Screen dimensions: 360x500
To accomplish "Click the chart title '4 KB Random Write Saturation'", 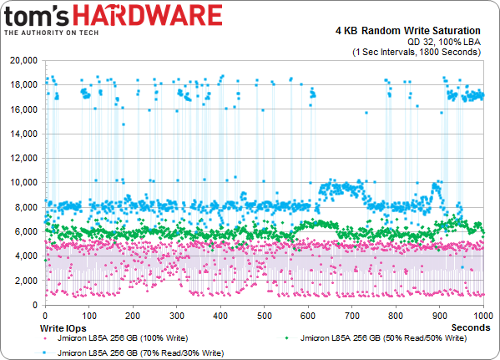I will (x=414, y=31).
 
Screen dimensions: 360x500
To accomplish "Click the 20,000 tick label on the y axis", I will (x=23, y=61).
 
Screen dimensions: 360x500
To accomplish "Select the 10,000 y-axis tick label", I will (x=23, y=183).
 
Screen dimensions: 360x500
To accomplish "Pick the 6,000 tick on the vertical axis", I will (x=25, y=231).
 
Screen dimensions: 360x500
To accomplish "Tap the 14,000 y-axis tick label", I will (x=23, y=134).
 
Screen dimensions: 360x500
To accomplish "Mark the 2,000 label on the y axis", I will (x=25, y=281).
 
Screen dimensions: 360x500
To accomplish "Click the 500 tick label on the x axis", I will (x=265, y=317).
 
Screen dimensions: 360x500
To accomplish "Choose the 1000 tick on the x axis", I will (x=482, y=317).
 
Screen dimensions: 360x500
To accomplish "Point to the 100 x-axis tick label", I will (x=88, y=317).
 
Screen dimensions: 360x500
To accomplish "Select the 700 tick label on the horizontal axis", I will (x=352, y=317).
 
